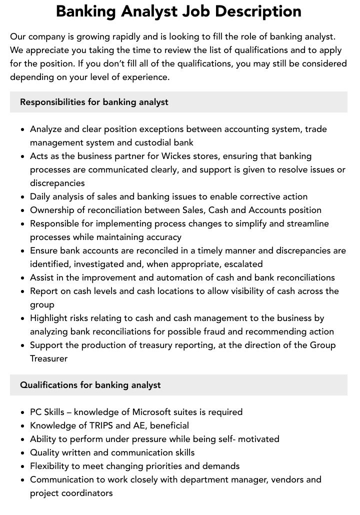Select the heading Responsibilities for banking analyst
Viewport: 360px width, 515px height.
coord(94,102)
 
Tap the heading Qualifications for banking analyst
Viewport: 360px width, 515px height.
coord(90,385)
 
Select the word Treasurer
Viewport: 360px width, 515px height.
coord(48,358)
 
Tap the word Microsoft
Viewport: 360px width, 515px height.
coord(153,412)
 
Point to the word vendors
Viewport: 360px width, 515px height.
coord(287,479)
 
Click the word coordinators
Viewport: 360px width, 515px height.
coord(88,493)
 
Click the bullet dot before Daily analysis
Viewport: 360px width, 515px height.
coord(23,197)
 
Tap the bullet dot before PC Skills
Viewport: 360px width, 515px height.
coord(23,412)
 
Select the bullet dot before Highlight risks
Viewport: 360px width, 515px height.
coord(23,318)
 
